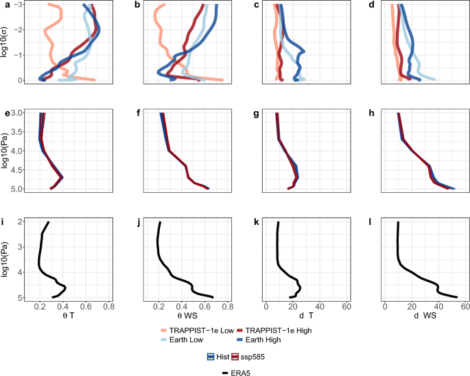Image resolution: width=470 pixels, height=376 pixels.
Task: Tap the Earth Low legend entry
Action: (x=186, y=340)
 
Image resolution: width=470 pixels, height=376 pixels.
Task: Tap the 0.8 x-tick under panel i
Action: (x=108, y=306)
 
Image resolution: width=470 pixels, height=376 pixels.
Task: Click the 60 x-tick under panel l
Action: (x=465, y=306)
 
